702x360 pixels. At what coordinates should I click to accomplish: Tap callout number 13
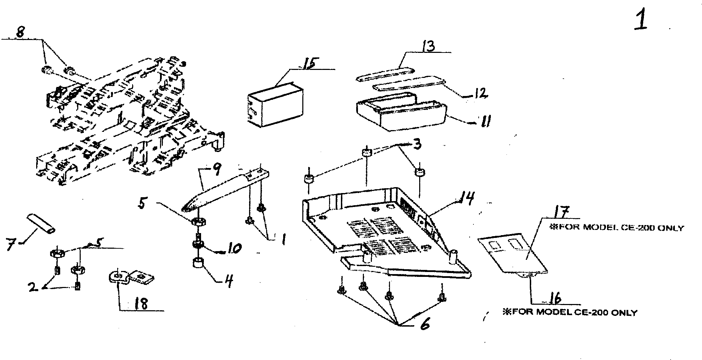click(x=428, y=46)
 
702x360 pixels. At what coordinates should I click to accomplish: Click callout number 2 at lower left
click(x=33, y=287)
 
